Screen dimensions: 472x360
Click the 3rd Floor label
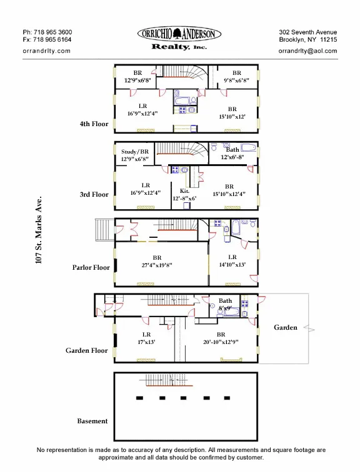point(94,194)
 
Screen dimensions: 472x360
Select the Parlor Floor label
point(91,267)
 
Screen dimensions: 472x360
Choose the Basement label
point(92,421)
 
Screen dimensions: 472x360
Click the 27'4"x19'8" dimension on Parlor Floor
point(157,265)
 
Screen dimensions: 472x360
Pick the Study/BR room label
point(135,152)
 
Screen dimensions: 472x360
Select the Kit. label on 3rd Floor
point(184,191)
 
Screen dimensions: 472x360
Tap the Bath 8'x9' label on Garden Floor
point(225,305)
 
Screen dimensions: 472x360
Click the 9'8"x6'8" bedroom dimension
point(237,81)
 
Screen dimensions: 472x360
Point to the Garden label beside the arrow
point(285,327)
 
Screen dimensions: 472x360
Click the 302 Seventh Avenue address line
point(307,32)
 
